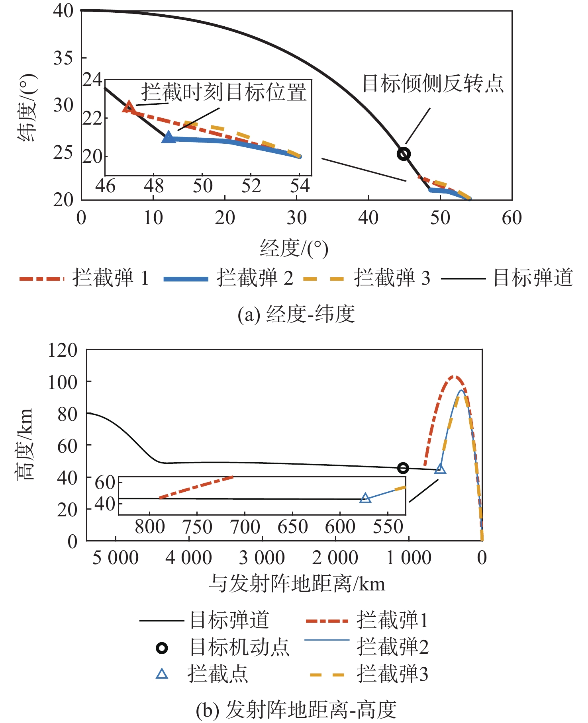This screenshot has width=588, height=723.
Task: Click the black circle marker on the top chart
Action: [404, 154]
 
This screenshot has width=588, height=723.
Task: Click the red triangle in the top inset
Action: [129, 107]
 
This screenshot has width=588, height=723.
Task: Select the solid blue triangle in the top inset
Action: [169, 137]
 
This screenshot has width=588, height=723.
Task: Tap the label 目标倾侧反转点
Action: [433, 83]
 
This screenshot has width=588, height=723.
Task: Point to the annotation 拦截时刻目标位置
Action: [224, 92]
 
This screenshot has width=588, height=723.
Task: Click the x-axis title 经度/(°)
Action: [294, 249]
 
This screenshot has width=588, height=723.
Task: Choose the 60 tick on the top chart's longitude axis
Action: [512, 218]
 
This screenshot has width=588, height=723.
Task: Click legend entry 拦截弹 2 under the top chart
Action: [255, 278]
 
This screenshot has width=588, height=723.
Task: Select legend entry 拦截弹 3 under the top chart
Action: [392, 278]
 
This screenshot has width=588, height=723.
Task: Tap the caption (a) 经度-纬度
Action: [296, 314]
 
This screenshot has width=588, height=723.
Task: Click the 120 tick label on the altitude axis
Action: [63, 350]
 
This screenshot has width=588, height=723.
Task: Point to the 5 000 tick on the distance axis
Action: [116, 558]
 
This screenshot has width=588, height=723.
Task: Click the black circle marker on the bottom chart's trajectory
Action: [403, 468]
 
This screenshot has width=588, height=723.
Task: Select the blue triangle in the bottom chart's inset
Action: [365, 498]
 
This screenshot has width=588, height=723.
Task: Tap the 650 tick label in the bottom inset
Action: [292, 527]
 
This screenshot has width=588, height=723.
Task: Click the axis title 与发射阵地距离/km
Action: [297, 584]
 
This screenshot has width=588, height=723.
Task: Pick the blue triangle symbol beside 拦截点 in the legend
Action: [162, 674]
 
